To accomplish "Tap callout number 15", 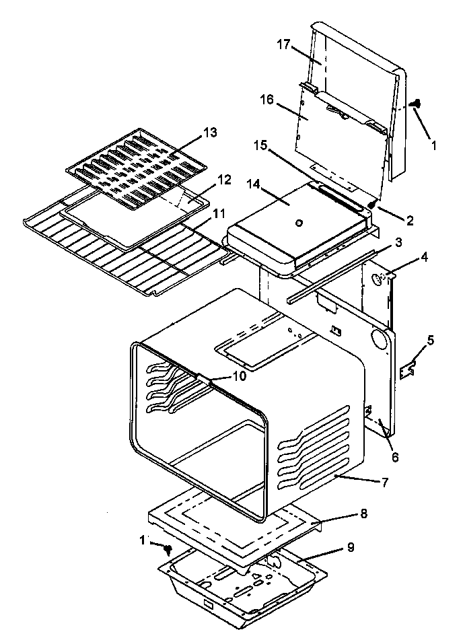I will (x=261, y=145).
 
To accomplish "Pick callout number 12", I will (x=223, y=180).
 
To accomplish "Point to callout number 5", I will (x=430, y=341).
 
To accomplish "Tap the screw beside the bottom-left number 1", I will (x=168, y=550).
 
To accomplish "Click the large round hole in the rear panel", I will (x=379, y=340).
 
